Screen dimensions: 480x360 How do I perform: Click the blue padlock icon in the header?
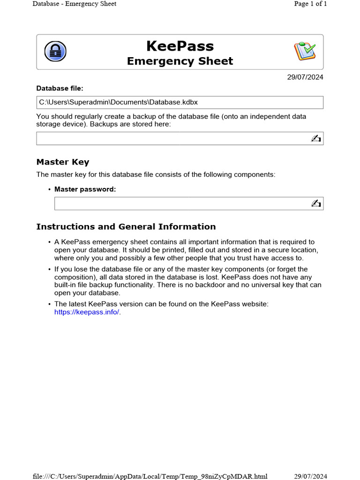click(55, 52)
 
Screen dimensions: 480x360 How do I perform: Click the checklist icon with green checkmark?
click(305, 51)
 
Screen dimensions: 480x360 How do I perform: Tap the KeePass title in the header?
click(180, 46)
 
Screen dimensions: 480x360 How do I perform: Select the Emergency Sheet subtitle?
click(180, 61)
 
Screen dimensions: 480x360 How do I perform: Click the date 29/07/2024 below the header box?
click(305, 77)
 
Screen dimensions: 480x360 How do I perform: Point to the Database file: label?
click(60, 88)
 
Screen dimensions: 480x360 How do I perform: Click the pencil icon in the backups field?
click(315, 138)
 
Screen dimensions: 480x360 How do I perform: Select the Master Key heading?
click(63, 162)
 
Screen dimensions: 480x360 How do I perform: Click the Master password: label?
click(85, 189)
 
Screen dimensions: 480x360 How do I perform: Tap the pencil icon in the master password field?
click(315, 203)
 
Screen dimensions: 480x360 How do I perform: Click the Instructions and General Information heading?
click(126, 227)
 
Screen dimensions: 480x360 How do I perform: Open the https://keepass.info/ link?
click(87, 312)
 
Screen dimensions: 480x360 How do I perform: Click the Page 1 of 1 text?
click(310, 4)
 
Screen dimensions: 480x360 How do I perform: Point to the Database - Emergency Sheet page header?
click(74, 4)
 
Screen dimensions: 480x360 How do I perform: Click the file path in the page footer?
click(150, 476)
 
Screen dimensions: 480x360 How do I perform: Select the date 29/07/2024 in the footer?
click(310, 476)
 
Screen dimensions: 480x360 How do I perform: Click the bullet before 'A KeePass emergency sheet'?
click(49, 242)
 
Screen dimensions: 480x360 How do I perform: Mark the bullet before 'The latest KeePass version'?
click(49, 305)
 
